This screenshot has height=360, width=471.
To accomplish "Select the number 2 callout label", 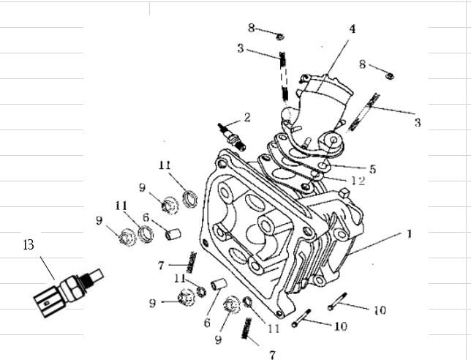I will point(247,116).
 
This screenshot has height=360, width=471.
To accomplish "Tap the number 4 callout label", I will point(352,29).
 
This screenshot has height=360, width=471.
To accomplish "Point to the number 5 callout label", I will point(372,169).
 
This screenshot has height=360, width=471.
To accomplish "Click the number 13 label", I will point(29,244).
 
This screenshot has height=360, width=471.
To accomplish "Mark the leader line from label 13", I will point(47,266).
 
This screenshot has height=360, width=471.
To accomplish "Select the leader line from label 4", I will point(336,55).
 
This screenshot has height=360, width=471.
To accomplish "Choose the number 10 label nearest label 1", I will point(379,310).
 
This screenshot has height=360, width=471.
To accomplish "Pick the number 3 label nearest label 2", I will point(240,48).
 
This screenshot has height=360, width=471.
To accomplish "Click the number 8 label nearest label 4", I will point(362,65).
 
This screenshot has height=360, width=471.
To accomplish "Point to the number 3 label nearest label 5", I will point(417,122).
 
